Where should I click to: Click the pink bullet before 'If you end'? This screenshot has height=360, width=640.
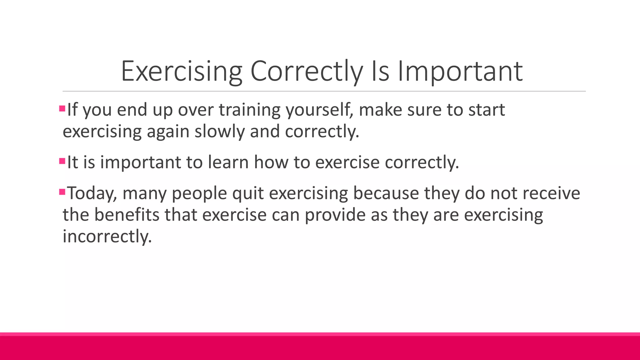point(62,109)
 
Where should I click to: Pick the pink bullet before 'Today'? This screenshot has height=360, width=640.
point(62,192)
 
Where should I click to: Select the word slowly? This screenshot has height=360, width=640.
point(219,131)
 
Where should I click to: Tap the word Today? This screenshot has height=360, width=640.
point(92,193)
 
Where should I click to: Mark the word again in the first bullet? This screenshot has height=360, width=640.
point(168,131)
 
